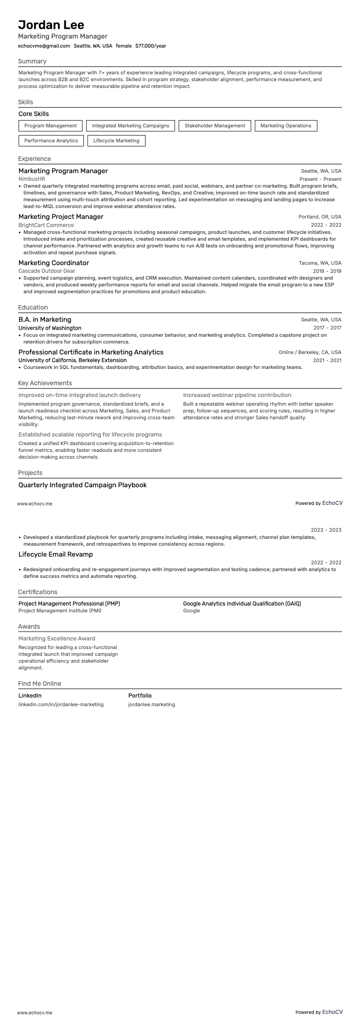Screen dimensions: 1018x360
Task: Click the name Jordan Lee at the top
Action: tap(51, 25)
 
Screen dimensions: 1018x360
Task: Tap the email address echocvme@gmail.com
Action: tap(44, 46)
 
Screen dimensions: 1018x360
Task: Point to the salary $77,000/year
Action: tap(151, 46)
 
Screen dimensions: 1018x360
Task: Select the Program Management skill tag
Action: tap(50, 126)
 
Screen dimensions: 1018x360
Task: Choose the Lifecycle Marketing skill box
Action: tap(116, 141)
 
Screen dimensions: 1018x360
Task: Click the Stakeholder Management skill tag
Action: tap(214, 126)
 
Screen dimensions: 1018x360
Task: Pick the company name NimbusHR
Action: tap(32, 179)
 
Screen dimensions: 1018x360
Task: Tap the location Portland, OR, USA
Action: tap(320, 217)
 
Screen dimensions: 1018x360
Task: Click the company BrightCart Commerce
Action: tap(46, 225)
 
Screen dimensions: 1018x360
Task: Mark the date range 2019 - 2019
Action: tap(327, 271)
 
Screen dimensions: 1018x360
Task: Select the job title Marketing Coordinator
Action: tap(54, 263)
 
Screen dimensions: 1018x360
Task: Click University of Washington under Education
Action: tap(50, 328)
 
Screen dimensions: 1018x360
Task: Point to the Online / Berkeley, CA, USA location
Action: tap(310, 352)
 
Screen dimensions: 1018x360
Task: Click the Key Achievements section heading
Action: tap(45, 383)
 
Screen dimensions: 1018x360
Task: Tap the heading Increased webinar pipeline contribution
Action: tap(237, 395)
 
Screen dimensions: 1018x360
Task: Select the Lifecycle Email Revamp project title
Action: tap(55, 554)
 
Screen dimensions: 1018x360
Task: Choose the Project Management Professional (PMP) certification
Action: tap(69, 604)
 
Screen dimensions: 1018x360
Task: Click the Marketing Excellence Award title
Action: tap(57, 638)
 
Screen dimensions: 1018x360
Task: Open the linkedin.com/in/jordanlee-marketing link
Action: tap(61, 704)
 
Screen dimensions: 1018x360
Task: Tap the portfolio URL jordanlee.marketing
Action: tap(151, 704)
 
